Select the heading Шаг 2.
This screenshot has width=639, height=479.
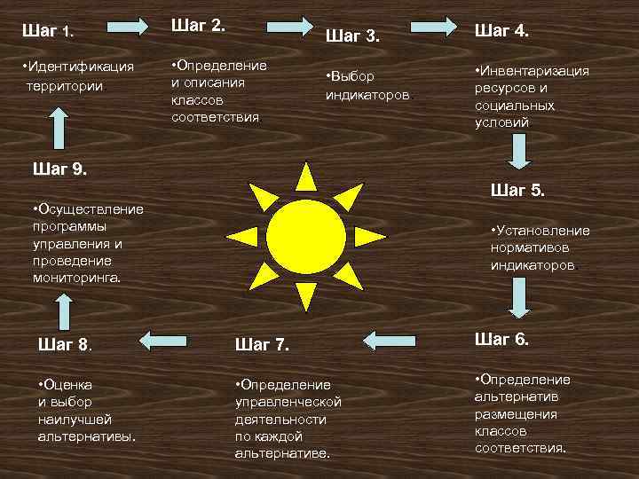tap(199, 26)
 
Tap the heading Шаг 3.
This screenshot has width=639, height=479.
tap(352, 36)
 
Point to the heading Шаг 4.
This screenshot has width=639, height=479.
tap(502, 31)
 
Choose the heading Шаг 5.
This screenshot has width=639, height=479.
tap(517, 190)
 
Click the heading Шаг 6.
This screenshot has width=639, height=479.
tap(502, 339)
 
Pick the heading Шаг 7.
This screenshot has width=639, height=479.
tap(263, 344)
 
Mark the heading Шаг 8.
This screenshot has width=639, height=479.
tap(67, 344)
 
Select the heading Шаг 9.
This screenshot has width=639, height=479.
tap(59, 168)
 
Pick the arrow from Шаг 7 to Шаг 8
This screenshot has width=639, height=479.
tap(171, 338)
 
